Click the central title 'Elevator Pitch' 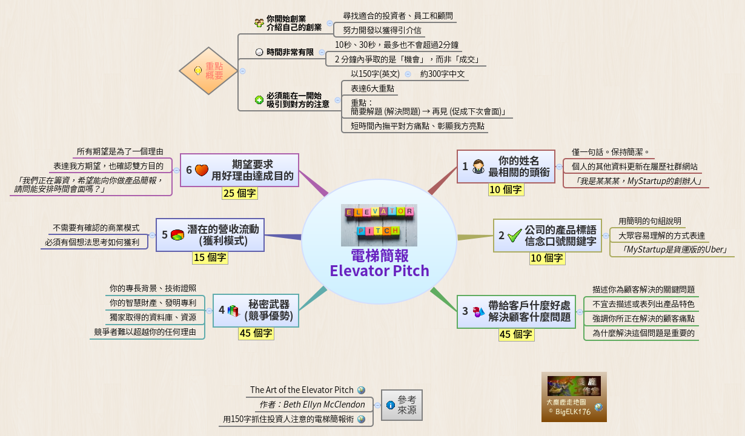click(x=379, y=271)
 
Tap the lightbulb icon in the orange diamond click(x=197, y=71)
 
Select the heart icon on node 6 click(x=201, y=170)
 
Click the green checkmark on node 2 click(x=515, y=236)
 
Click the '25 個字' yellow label click(x=239, y=193)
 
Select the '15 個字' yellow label click(x=210, y=257)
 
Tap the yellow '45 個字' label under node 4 click(x=256, y=333)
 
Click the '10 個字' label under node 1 click(x=506, y=190)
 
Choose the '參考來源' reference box click(x=402, y=405)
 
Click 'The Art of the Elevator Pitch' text click(x=302, y=390)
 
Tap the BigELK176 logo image click(x=574, y=397)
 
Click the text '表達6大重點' click(x=372, y=88)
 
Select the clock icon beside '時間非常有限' click(x=259, y=53)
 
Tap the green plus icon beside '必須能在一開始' click(x=259, y=100)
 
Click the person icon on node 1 click(x=478, y=167)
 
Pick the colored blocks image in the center click(x=379, y=220)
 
